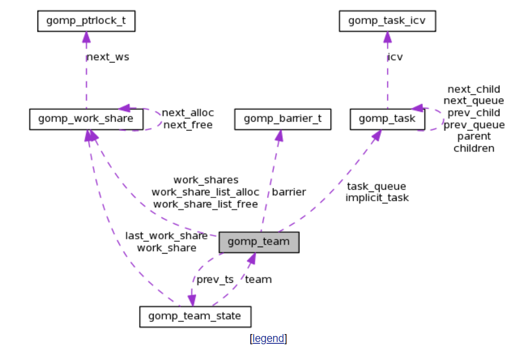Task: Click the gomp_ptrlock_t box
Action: (86, 21)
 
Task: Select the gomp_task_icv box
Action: (387, 21)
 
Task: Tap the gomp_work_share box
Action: (86, 119)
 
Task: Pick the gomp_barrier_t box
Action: (282, 119)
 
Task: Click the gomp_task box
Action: (387, 119)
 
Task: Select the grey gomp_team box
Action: (259, 242)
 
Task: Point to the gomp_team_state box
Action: (195, 317)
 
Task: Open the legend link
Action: (268, 339)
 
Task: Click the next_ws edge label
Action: (107, 57)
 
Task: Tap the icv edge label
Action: (395, 57)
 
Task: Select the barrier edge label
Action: (289, 192)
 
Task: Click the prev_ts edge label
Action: (215, 279)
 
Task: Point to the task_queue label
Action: (376, 186)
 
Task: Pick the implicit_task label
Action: (377, 198)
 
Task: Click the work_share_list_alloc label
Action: (205, 192)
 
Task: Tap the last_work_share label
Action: (166, 236)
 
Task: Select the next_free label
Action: (188, 125)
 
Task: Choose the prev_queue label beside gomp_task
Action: (474, 125)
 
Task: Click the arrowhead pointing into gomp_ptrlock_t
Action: (86, 37)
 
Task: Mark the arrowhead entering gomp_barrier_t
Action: (279, 135)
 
